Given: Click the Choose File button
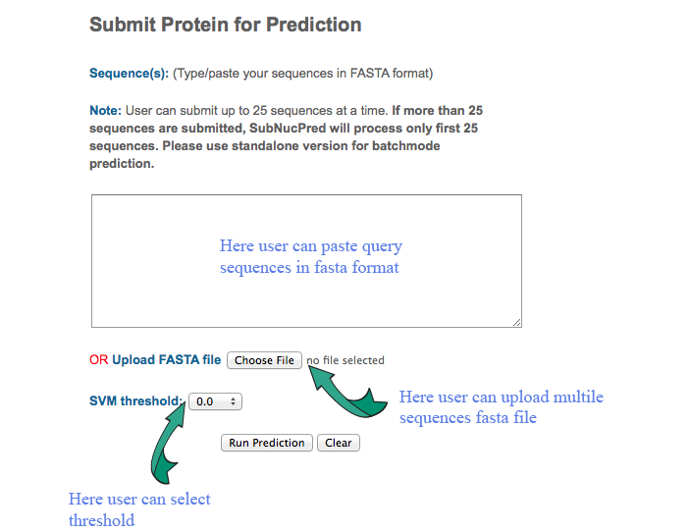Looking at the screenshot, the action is pos(264,360).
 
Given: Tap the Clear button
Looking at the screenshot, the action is pos(339,443).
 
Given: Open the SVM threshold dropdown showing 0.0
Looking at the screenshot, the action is pos(215,401).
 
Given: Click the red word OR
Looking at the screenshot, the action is pos(98,360).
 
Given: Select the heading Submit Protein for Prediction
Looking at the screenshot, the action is pos(226,25).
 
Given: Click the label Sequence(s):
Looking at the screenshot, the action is pos(129,73).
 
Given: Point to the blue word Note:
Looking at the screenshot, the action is pos(105,110).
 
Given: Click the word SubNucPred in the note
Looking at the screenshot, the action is pos(288,129).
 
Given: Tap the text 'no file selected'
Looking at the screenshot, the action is pos(345,360).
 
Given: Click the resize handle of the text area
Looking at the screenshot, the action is pos(516,323).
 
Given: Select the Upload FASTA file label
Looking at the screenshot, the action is pos(166,360).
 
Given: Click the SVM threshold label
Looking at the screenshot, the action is pos(135,401).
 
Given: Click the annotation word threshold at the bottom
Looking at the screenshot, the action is pos(101,520).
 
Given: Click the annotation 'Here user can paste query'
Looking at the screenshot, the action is pos(311,246).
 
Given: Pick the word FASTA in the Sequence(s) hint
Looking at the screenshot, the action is pos(369,73).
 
